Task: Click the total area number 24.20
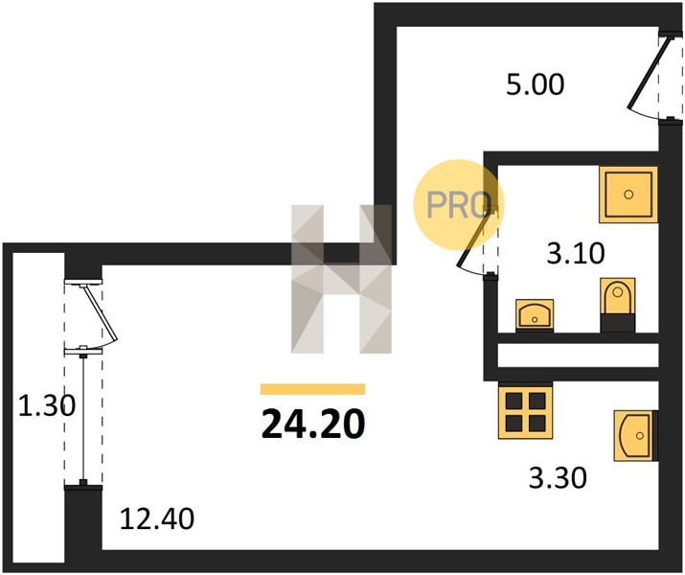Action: click(312, 424)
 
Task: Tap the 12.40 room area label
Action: click(157, 519)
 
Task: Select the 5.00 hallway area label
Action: click(536, 84)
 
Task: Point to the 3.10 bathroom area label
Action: click(576, 253)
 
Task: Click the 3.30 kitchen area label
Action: click(558, 477)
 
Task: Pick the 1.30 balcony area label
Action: click(47, 405)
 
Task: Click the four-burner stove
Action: click(526, 411)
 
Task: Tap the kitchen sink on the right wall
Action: click(635, 436)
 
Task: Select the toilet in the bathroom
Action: click(618, 304)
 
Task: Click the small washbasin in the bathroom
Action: click(535, 314)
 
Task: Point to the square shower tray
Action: click(628, 195)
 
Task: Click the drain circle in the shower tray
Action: click(628, 195)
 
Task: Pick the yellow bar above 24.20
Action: click(312, 389)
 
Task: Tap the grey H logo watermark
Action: click(342, 279)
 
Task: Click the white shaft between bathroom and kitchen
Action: click(578, 355)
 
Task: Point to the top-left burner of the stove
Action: click(514, 401)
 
